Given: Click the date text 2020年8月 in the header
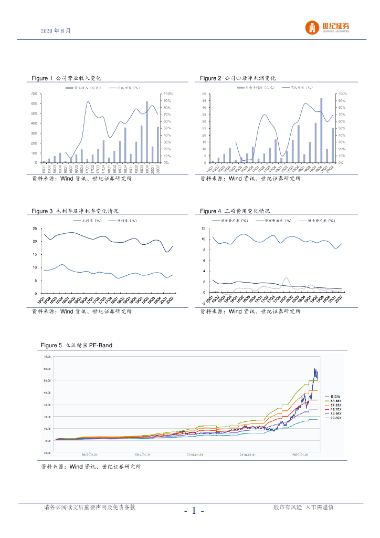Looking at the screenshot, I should [x=55, y=31].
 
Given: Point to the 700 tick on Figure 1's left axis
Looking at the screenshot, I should [x=34, y=94].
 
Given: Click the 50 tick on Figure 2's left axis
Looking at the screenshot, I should [x=203, y=94].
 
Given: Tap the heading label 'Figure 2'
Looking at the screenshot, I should [x=210, y=78].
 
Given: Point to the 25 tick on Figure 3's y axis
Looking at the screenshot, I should [x=35, y=229].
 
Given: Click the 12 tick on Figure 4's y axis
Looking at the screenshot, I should [x=204, y=229].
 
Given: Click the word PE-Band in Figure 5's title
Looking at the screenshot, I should [x=100, y=345].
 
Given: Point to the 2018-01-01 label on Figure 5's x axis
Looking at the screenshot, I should [x=248, y=455].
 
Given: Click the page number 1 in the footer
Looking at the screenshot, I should [x=194, y=510].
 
